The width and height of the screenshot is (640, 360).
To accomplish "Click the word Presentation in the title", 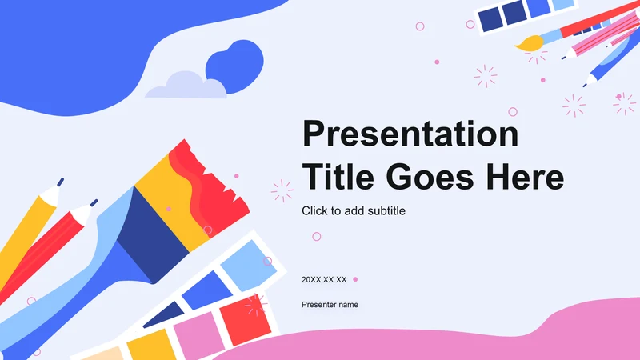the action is tap(410, 134).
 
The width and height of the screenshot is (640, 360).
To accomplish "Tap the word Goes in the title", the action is tap(430, 177).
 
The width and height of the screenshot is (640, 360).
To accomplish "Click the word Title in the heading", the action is tap(338, 177).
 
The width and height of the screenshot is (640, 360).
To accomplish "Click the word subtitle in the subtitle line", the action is tap(386, 210).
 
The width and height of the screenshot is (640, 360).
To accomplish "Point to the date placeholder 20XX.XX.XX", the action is tap(324, 279).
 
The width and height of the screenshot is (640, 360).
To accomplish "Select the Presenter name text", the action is tap(330, 305).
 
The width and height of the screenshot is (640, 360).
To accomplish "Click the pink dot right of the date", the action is tap(355, 279).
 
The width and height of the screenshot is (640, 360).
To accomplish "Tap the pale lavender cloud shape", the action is tap(187, 86).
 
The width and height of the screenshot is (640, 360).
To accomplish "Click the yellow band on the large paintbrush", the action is tap(171, 200).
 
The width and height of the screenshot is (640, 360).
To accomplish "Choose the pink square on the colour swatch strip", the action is tap(198, 334).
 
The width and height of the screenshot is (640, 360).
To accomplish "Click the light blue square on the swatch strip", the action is tap(248, 265).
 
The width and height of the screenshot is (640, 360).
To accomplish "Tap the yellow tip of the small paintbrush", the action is tap(530, 44).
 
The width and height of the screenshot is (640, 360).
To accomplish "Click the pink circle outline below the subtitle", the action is tap(316, 236).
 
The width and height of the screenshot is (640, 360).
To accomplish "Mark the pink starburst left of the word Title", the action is tap(282, 190).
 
